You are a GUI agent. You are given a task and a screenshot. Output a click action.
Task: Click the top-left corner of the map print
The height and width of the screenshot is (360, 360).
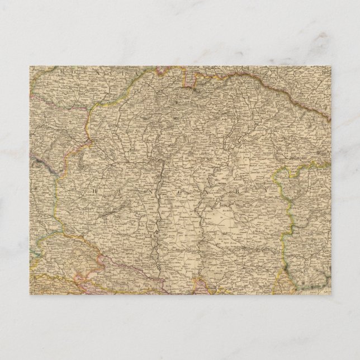30,67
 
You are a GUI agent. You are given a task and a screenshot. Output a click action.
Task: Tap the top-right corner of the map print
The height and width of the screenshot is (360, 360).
330,67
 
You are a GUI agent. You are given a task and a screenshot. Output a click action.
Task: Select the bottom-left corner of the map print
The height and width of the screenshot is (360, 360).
30,294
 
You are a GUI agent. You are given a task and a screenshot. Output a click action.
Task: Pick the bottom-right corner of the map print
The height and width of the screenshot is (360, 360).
330,294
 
